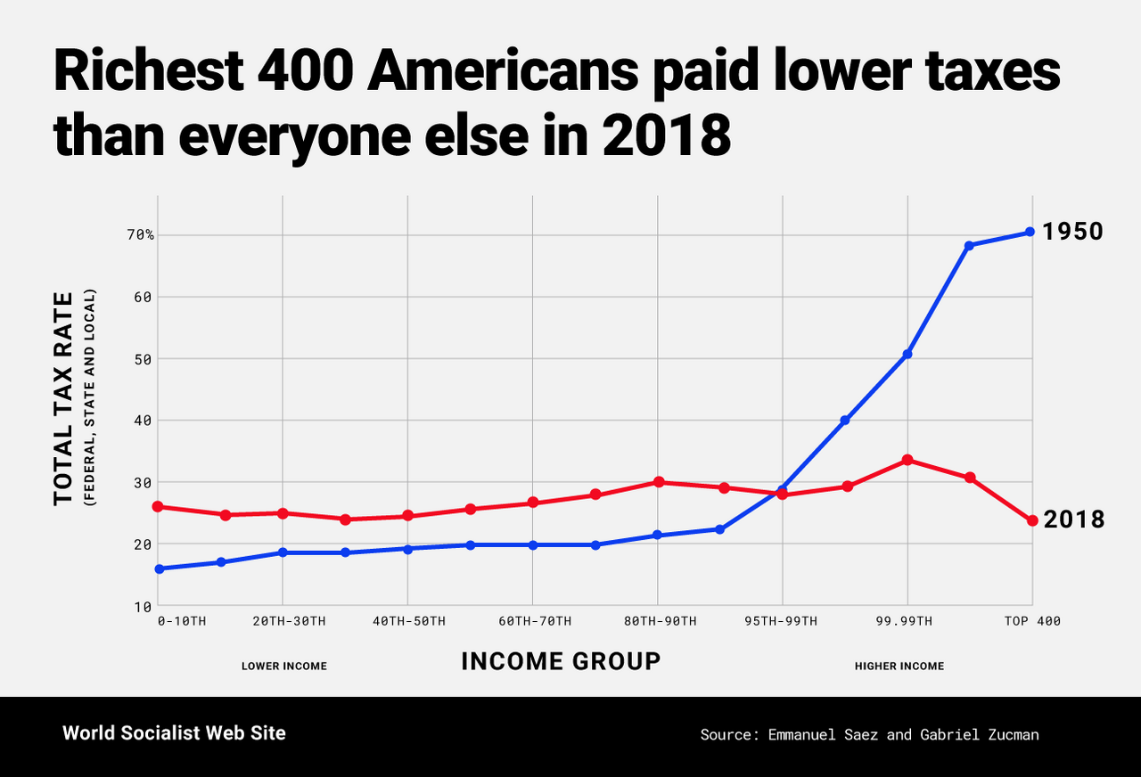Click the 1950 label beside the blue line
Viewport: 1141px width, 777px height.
(x=1073, y=232)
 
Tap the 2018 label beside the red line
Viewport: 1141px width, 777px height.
(x=1073, y=519)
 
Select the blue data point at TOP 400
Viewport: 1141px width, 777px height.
(x=1030, y=232)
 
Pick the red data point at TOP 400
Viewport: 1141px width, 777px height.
(x=1032, y=520)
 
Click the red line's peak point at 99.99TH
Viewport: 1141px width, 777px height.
(x=907, y=460)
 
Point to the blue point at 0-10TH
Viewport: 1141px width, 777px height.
(x=159, y=568)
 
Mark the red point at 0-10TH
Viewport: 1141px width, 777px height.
(x=158, y=506)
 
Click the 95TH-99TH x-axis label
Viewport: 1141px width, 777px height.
(x=781, y=621)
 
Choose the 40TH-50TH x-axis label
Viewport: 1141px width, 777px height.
(x=408, y=621)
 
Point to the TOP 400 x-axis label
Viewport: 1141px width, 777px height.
(x=1032, y=621)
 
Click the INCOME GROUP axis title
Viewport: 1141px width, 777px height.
(x=561, y=661)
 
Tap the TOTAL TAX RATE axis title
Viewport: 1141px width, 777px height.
(x=62, y=397)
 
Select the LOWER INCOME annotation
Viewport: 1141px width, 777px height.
(x=284, y=667)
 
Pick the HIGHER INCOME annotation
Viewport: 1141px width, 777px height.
(x=899, y=667)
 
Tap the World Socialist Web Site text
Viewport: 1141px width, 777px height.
(x=175, y=733)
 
